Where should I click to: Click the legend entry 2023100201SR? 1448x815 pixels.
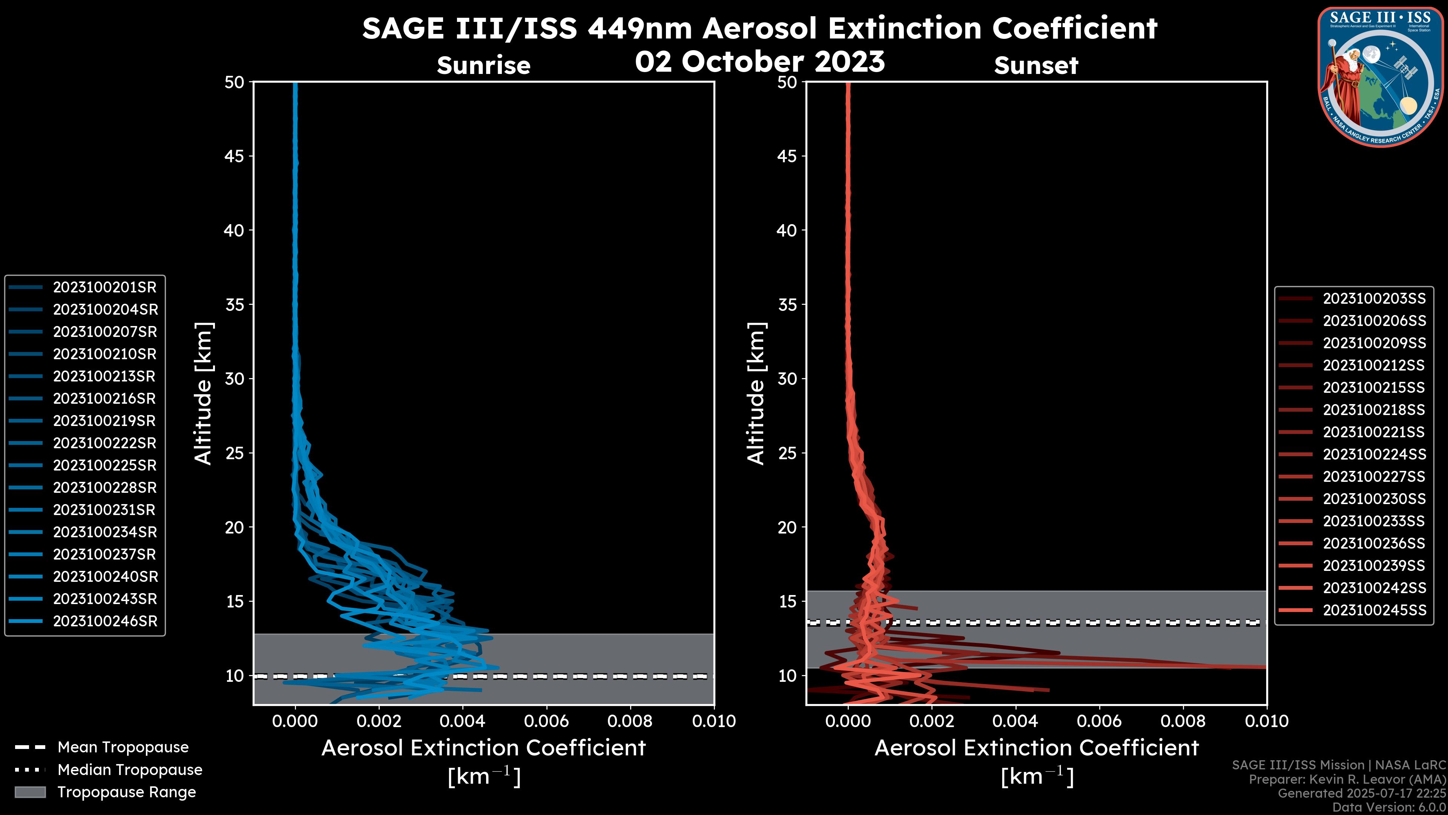tap(104, 288)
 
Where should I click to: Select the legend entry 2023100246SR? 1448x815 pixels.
tap(105, 621)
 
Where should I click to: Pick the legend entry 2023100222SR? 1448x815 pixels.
tap(104, 443)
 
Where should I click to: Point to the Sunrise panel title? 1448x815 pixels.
tap(483, 66)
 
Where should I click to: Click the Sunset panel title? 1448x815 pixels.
tap(1036, 66)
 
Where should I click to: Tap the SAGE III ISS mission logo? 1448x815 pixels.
tap(1380, 77)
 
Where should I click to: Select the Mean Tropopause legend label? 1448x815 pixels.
tap(123, 747)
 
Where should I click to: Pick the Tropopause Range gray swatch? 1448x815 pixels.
tap(30, 792)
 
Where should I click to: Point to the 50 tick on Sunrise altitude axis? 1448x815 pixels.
tap(235, 82)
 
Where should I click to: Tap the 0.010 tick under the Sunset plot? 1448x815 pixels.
tap(1267, 721)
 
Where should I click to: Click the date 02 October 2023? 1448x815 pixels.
tap(760, 62)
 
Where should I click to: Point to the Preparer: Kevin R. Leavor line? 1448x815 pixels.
tap(1347, 779)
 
